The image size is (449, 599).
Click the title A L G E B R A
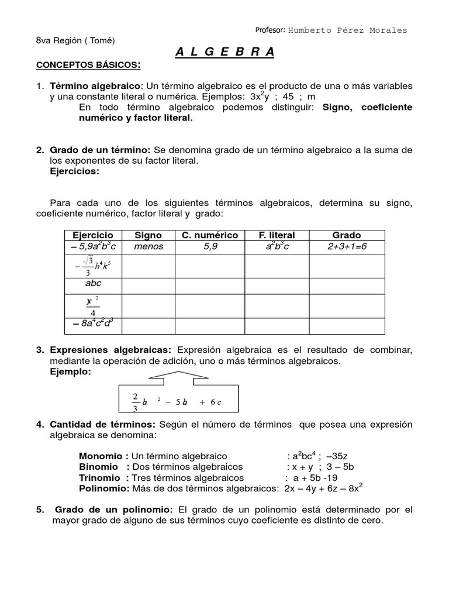tap(224, 52)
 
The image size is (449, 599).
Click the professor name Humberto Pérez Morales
tap(348, 30)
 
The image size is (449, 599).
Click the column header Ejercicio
tap(92, 235)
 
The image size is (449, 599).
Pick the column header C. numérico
tap(209, 235)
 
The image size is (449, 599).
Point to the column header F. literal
tap(277, 235)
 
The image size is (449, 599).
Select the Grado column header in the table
tap(347, 235)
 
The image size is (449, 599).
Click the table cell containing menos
tap(148, 247)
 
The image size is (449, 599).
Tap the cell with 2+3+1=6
tap(347, 247)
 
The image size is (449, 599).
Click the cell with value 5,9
tap(210, 247)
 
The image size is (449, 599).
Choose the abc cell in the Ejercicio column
tap(93, 283)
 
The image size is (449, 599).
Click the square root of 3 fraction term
tap(92, 266)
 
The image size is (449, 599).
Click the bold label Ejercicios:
tap(75, 171)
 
